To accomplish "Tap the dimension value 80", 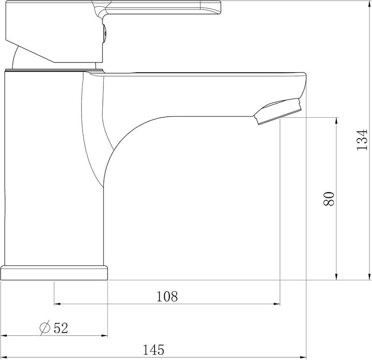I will (329, 199).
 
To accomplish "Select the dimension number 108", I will (167, 296).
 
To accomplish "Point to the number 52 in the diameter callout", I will (60, 327).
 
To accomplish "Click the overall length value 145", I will (154, 349).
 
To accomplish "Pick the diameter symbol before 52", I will (44, 327).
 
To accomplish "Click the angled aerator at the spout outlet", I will (279, 111).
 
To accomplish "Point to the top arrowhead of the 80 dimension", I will (337, 121).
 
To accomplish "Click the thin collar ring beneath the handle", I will (54, 69).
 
